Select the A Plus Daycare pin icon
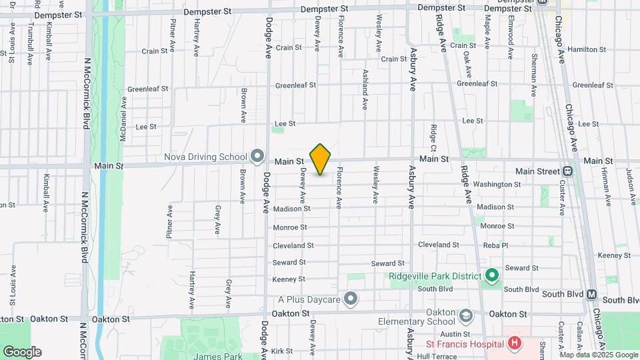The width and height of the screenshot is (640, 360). click(x=351, y=298)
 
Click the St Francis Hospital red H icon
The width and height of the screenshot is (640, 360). click(x=514, y=344)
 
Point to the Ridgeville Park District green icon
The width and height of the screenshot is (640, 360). click(x=492, y=275)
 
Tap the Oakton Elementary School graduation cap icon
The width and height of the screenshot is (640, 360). click(x=466, y=314)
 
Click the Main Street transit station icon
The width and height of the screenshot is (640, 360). click(x=567, y=171)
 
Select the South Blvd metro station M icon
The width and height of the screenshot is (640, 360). click(x=591, y=294)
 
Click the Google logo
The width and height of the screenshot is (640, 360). click(x=22, y=351)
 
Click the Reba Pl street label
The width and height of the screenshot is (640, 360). click(x=495, y=245)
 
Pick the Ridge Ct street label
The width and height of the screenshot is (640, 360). click(x=433, y=137)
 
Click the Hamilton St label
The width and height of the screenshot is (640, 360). click(x=586, y=49)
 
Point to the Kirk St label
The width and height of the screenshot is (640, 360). click(x=282, y=351)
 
